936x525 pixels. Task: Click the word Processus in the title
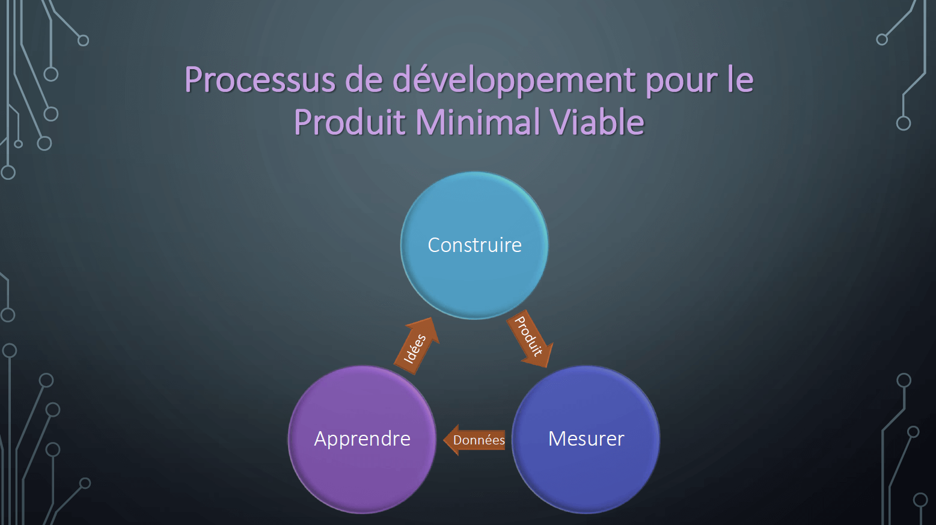tap(260, 79)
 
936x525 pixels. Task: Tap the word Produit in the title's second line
tap(350, 122)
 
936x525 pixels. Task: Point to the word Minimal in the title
tap(477, 122)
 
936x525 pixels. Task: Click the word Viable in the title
tap(597, 122)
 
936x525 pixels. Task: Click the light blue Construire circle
tap(474, 245)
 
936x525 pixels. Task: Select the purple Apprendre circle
tap(362, 440)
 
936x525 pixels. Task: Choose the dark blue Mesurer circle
tap(586, 440)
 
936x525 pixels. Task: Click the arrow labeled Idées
tap(417, 346)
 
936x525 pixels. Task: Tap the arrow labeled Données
tap(474, 440)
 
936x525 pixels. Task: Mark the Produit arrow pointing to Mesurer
tap(530, 339)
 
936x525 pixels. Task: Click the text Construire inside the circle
tap(474, 245)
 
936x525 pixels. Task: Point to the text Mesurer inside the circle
tap(586, 439)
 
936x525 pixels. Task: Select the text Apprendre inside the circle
tap(362, 440)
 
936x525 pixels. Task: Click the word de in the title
tap(364, 79)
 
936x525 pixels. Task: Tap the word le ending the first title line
tap(741, 79)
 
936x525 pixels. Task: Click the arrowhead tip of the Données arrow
tap(443, 440)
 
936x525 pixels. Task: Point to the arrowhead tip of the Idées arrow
tap(432, 318)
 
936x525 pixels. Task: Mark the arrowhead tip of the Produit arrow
tap(547, 367)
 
